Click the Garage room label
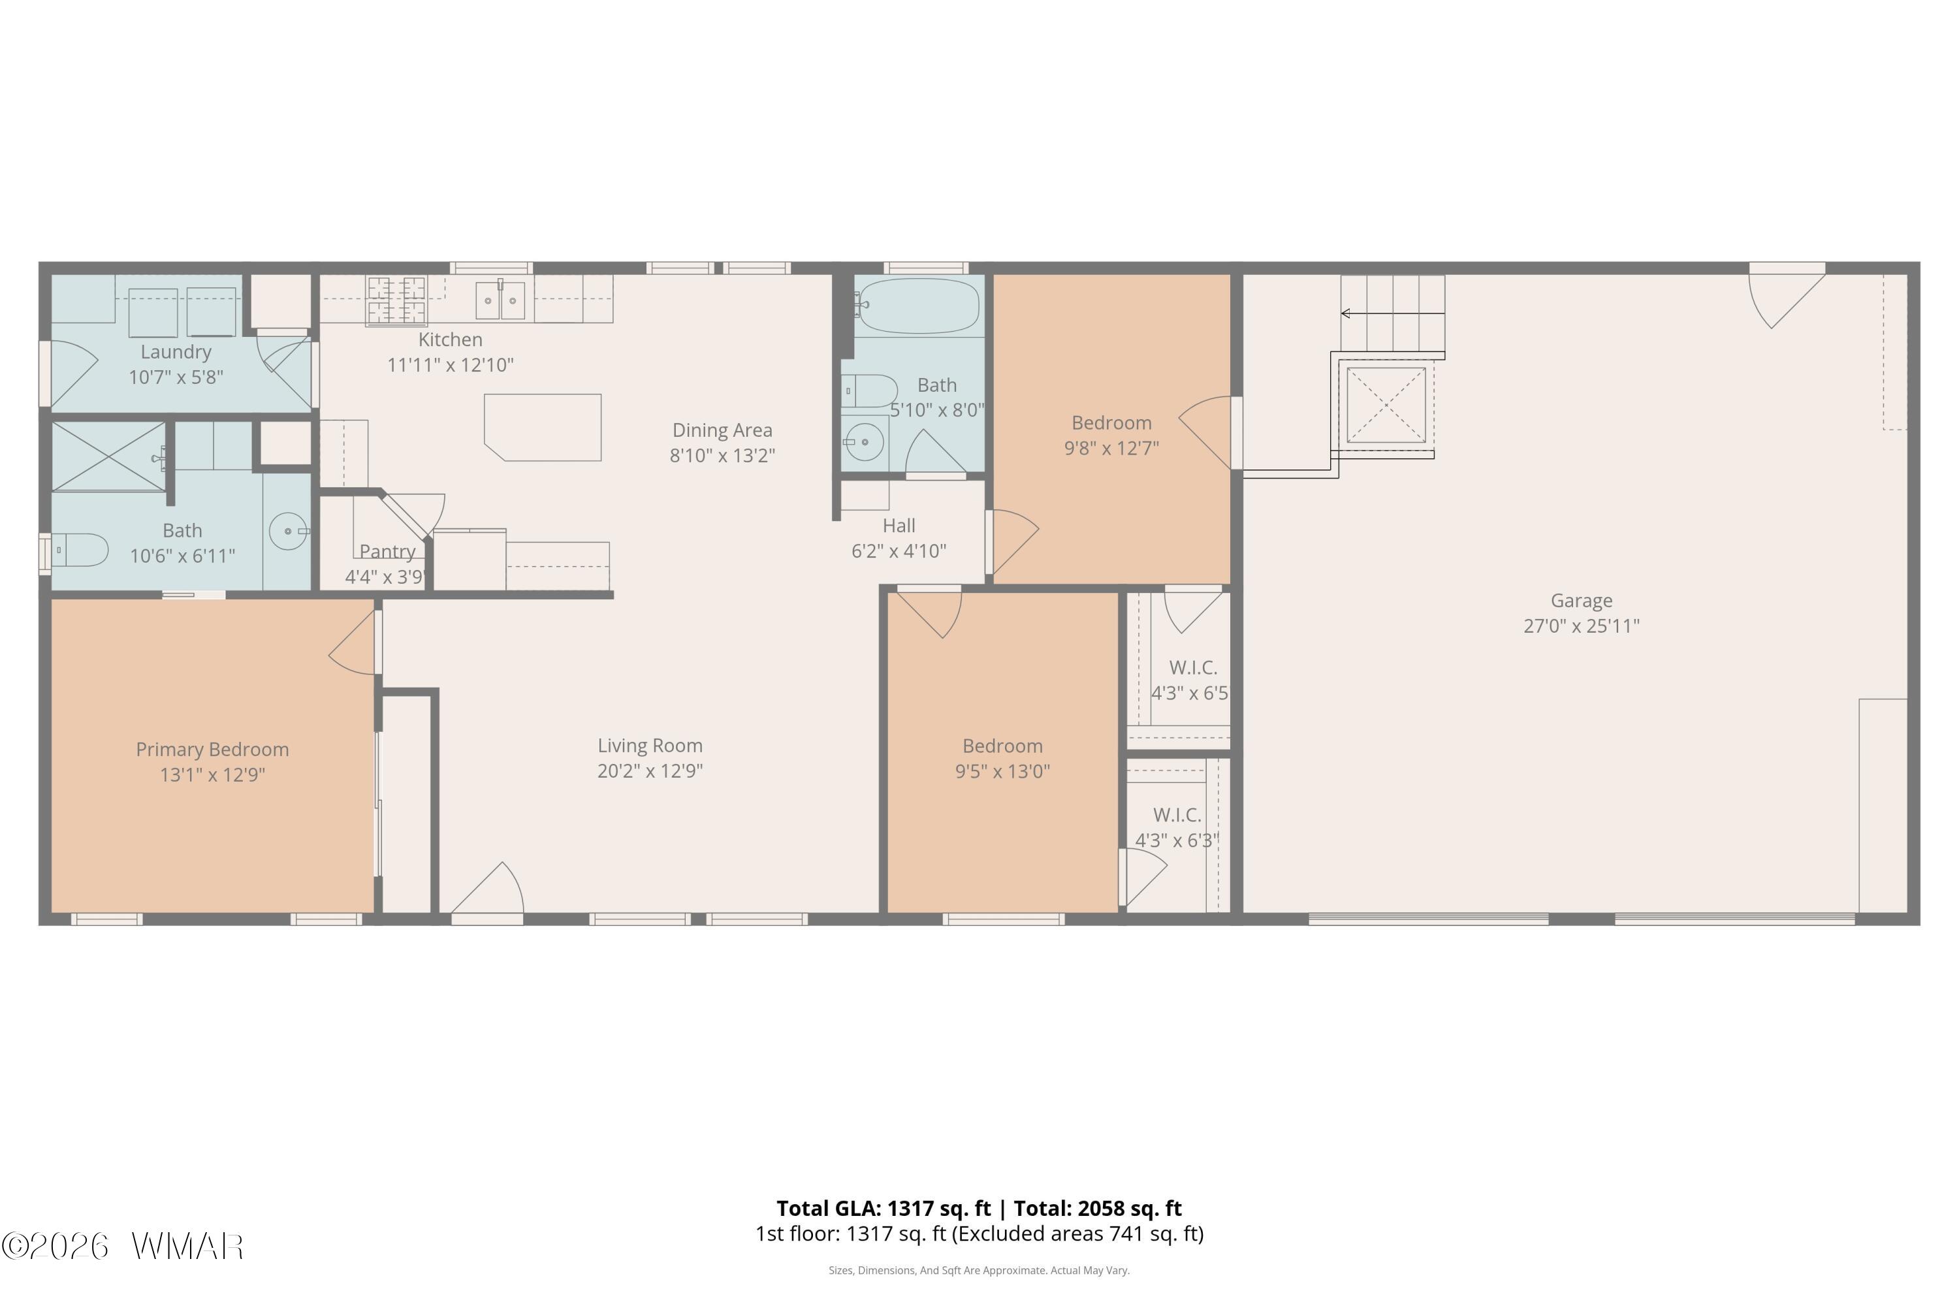[1581, 601]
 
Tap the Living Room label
[650, 746]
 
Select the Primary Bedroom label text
[212, 750]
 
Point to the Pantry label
[387, 551]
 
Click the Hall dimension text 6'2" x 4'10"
[899, 550]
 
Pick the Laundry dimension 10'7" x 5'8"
[176, 377]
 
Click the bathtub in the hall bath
[918, 306]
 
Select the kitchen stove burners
[396, 300]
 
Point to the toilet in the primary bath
[79, 550]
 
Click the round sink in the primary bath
[288, 530]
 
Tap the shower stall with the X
[108, 456]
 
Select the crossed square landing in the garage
[1386, 406]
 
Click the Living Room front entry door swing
[488, 888]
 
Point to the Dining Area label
[722, 430]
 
